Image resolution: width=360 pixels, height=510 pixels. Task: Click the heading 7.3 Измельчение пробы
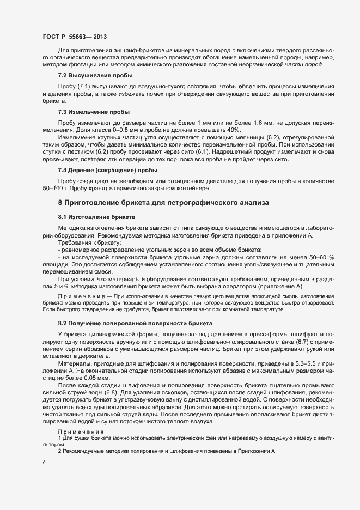point(94,112)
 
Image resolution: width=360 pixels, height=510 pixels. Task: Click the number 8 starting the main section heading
point(60,202)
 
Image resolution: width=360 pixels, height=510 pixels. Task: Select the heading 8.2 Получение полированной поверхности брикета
point(131,323)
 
